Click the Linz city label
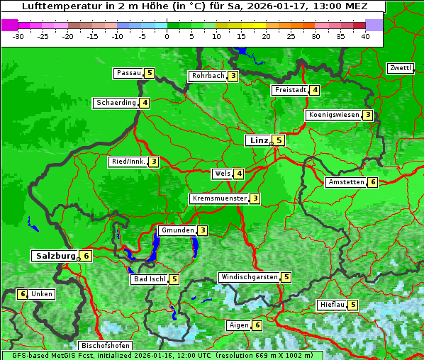point(258,140)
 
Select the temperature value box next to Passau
point(150,73)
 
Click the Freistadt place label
point(290,90)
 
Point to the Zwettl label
point(399,68)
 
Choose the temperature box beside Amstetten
point(373,182)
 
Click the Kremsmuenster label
point(219,198)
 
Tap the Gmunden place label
point(177,230)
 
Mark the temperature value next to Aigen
point(257,325)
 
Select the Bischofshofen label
point(106,346)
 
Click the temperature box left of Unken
point(23,294)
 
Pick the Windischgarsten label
point(249,277)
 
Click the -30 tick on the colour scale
point(18,36)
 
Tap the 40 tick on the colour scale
point(365,36)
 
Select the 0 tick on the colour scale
point(167,36)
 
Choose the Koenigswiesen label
point(333,115)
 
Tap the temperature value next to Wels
point(240,174)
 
